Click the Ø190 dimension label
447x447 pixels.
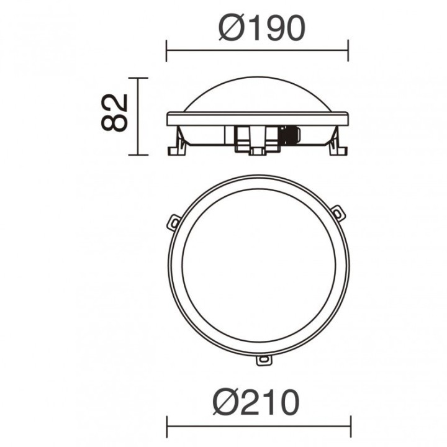tap(262, 29)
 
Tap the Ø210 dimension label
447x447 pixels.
tap(256, 402)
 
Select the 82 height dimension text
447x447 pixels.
tap(114, 112)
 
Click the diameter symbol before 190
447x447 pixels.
tap(231, 29)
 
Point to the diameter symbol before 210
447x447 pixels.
tap(225, 402)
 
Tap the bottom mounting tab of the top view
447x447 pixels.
tap(264, 360)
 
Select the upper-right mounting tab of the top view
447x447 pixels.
tap(339, 213)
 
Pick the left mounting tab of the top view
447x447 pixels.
tap(173, 223)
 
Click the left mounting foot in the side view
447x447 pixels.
tap(177, 145)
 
